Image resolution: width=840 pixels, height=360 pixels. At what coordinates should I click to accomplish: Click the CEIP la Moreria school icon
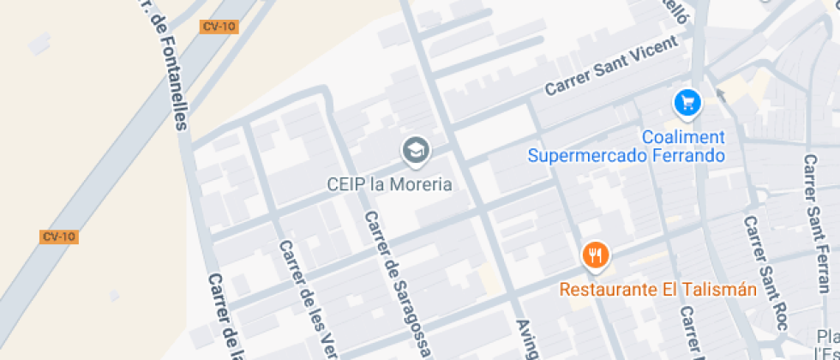(416, 151)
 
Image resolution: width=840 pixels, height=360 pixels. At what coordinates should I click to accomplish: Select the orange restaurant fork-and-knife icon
(596, 255)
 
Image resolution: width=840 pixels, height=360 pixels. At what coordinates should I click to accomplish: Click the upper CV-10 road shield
(219, 27)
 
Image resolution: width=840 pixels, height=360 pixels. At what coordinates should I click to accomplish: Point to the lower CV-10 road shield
(59, 237)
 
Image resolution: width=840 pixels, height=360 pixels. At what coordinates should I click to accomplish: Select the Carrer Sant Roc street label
(765, 273)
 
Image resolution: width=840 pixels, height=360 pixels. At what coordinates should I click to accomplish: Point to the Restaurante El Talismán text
(658, 290)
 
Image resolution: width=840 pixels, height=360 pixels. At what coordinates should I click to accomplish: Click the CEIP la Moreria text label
(389, 184)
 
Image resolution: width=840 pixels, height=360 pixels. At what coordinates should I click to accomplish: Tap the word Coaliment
(683, 137)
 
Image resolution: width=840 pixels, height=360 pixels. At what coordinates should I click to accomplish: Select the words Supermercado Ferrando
(627, 156)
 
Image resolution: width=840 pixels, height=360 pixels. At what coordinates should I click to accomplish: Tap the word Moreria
(421, 184)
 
